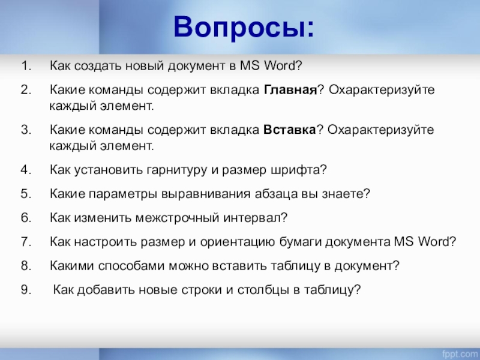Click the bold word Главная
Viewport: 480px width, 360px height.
[x=290, y=89]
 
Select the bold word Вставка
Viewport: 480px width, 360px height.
[x=289, y=130]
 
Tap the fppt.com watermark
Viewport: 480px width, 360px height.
[x=460, y=354]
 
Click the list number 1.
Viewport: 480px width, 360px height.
[x=26, y=65]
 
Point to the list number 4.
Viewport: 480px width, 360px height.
[x=26, y=169]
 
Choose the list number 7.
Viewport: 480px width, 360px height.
[x=26, y=242]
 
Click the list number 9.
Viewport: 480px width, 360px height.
[x=26, y=290]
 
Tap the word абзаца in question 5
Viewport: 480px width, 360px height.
[x=276, y=194]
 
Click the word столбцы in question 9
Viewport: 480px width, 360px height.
[x=264, y=290]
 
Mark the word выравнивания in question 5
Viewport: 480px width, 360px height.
[x=206, y=194]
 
